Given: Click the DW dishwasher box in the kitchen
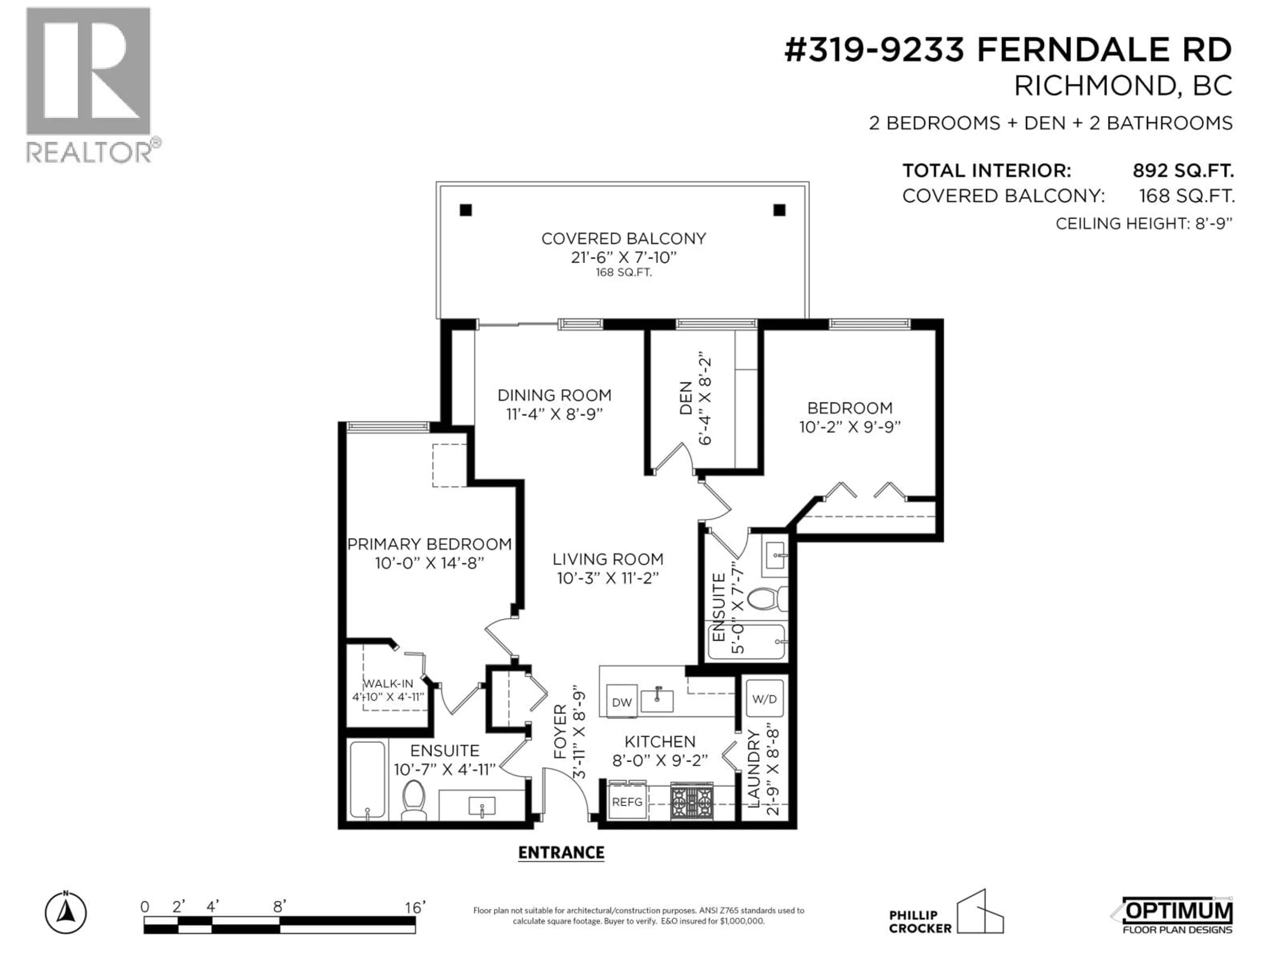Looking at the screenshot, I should tap(621, 702).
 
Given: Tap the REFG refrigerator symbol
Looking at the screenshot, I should tap(627, 802).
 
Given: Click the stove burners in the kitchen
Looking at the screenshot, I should tap(692, 802).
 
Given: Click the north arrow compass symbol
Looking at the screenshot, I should tap(66, 914).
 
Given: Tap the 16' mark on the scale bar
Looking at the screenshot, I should tap(415, 908).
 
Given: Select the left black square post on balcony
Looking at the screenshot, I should tap(466, 210).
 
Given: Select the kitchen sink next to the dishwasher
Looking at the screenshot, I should tap(657, 700).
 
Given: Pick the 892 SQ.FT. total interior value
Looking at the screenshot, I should tap(1183, 171).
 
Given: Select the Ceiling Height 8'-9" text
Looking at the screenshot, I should tap(1144, 224).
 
